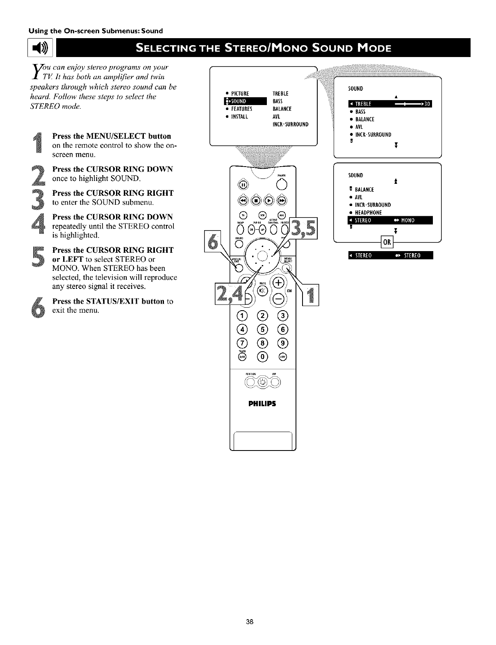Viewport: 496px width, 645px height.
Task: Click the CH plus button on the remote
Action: click(x=279, y=283)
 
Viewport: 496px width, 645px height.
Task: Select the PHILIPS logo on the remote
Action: click(x=263, y=403)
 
